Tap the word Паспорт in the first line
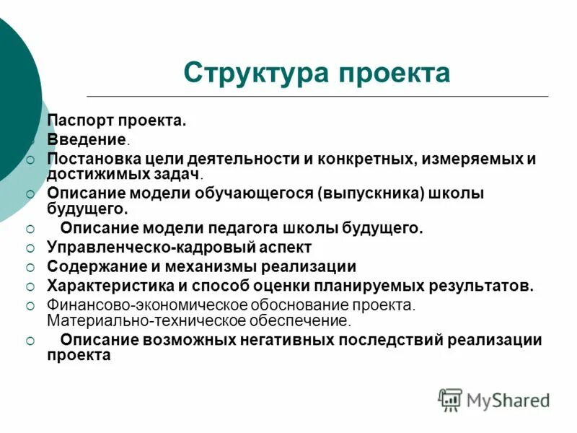(77, 121)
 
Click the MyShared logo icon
(450, 399)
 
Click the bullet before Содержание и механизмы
(30, 267)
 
